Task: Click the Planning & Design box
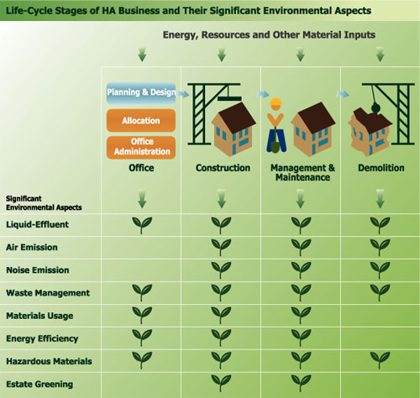tap(140, 91)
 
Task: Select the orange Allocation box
tap(140, 120)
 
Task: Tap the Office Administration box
tap(140, 148)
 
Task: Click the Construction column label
tap(222, 168)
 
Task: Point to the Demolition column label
tap(378, 168)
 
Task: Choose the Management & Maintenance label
tap(302, 173)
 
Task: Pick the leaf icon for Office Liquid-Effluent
tap(141, 224)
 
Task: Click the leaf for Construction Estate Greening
tap(222, 383)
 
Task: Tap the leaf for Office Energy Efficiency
tap(141, 338)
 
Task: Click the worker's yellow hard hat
tap(274, 105)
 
